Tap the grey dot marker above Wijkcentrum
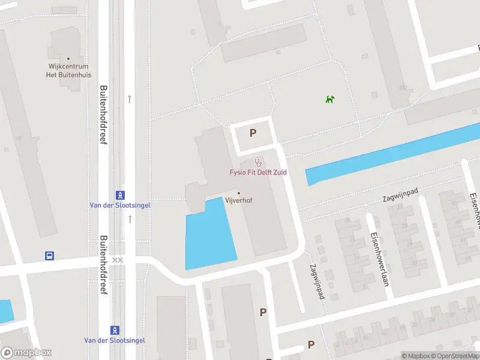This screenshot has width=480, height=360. pos(68,59)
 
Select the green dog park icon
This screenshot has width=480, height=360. pos(329,99)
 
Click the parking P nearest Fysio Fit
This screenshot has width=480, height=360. pos(253,133)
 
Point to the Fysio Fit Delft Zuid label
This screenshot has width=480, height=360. pos(258,172)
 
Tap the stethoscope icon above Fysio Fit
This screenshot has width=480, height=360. pos(259,161)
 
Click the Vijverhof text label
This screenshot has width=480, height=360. pos(238,200)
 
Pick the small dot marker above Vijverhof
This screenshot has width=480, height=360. pos(239,193)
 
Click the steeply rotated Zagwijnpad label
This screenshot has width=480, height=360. pos(317,282)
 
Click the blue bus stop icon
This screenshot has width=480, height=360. pos(49,256)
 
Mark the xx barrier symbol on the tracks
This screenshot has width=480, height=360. pos(118,260)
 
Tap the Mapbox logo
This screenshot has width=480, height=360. pos(26,353)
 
